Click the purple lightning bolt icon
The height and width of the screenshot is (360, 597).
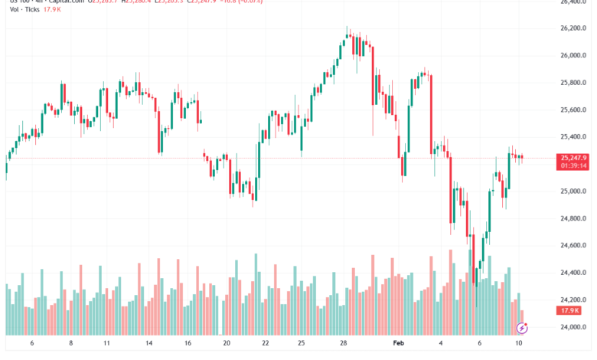tap(522, 328)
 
